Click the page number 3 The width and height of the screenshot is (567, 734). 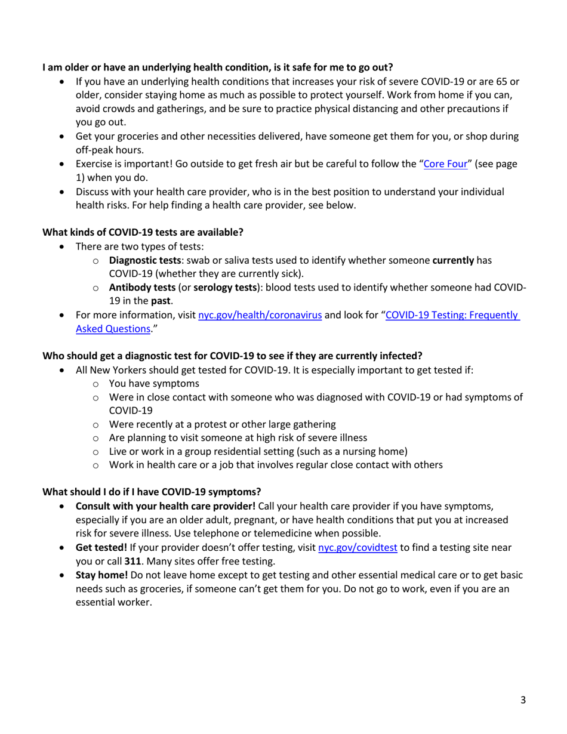click(523, 701)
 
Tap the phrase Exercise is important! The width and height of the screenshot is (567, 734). click(123, 164)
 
